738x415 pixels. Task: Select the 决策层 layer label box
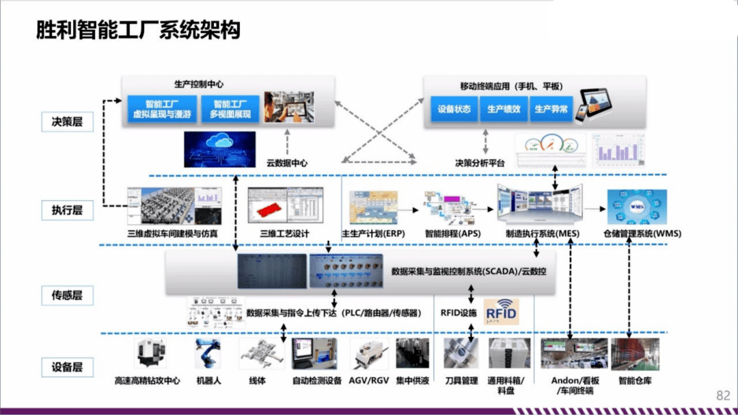67,121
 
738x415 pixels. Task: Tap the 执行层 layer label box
67,210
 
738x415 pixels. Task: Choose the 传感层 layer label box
67,296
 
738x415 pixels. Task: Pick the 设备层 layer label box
67,367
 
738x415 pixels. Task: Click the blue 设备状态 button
454,109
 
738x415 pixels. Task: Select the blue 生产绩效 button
504,109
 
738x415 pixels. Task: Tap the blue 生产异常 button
551,109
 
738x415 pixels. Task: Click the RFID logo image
502,311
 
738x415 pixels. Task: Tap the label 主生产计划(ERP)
374,233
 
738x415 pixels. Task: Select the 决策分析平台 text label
480,163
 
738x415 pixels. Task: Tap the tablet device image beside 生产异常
592,103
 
